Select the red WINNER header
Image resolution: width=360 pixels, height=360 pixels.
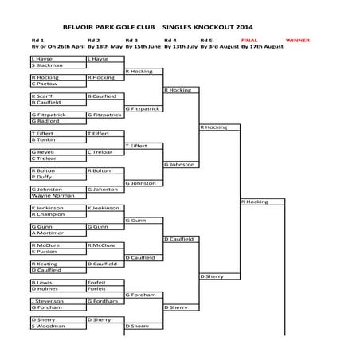pyautogui.click(x=297, y=39)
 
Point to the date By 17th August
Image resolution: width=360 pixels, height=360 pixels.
pyautogui.click(x=262, y=47)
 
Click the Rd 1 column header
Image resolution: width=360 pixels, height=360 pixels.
pyautogui.click(x=37, y=39)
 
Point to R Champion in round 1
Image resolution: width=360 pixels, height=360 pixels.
pyautogui.click(x=46, y=214)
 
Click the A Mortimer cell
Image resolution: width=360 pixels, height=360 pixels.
pyautogui.click(x=45, y=233)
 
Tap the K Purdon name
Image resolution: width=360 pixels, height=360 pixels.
pyautogui.click(x=43, y=251)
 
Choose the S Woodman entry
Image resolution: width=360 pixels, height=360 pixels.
pyautogui.click(x=45, y=326)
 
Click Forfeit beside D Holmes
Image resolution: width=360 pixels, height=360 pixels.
pyautogui.click(x=96, y=288)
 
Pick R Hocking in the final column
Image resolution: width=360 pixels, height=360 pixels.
pyautogui.click(x=255, y=202)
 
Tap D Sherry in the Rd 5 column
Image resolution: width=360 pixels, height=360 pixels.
pyautogui.click(x=212, y=276)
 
